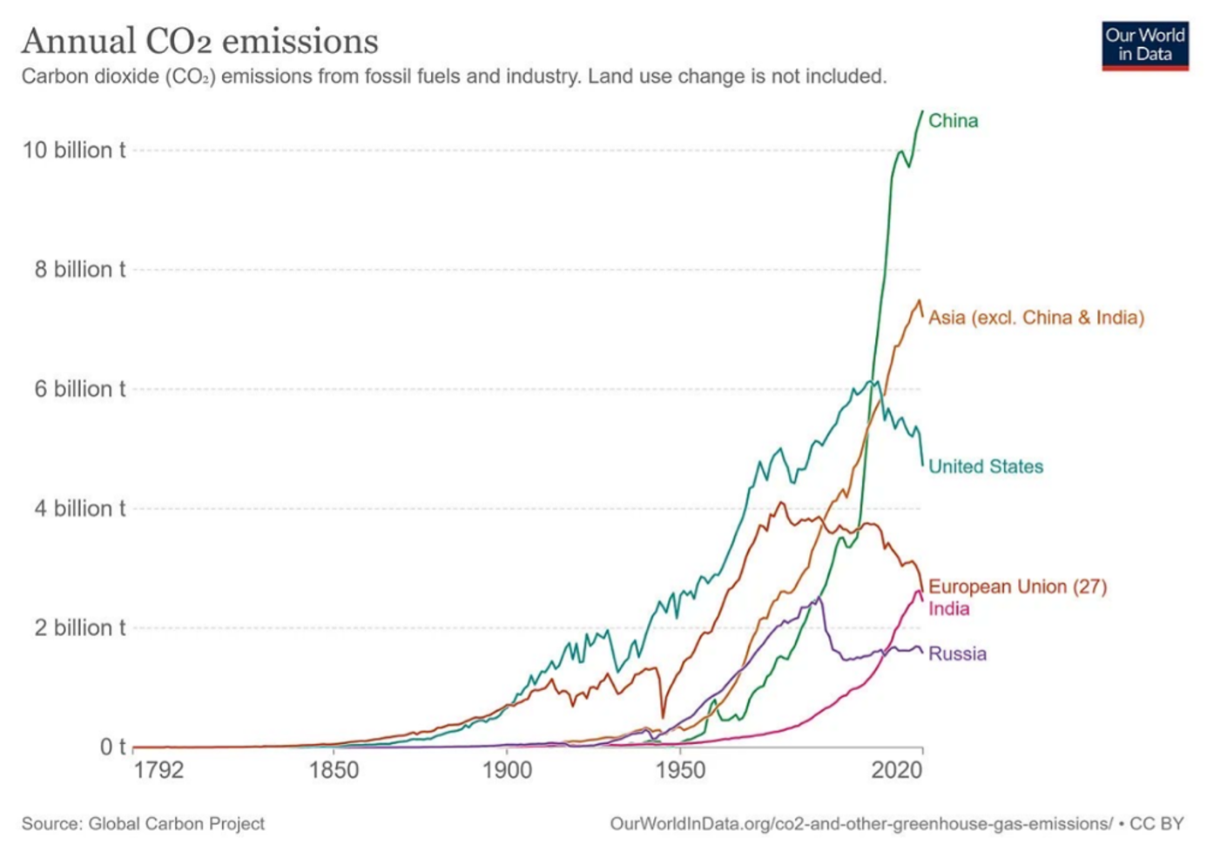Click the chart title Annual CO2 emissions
199,41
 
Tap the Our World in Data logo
1145,46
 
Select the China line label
954,121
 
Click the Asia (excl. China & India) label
1036,318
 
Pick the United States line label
986,466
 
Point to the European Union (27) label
1018,587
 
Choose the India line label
949,609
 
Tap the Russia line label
957,654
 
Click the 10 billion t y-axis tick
74,150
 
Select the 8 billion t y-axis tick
80,270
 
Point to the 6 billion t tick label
80,389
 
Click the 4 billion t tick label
80,508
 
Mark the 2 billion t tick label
80,628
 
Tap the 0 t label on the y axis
112,747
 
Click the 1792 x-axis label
158,770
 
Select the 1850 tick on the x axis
334,770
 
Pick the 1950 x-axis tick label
680,770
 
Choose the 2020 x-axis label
897,770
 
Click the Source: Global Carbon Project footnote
143,824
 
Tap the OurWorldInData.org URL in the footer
861,824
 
